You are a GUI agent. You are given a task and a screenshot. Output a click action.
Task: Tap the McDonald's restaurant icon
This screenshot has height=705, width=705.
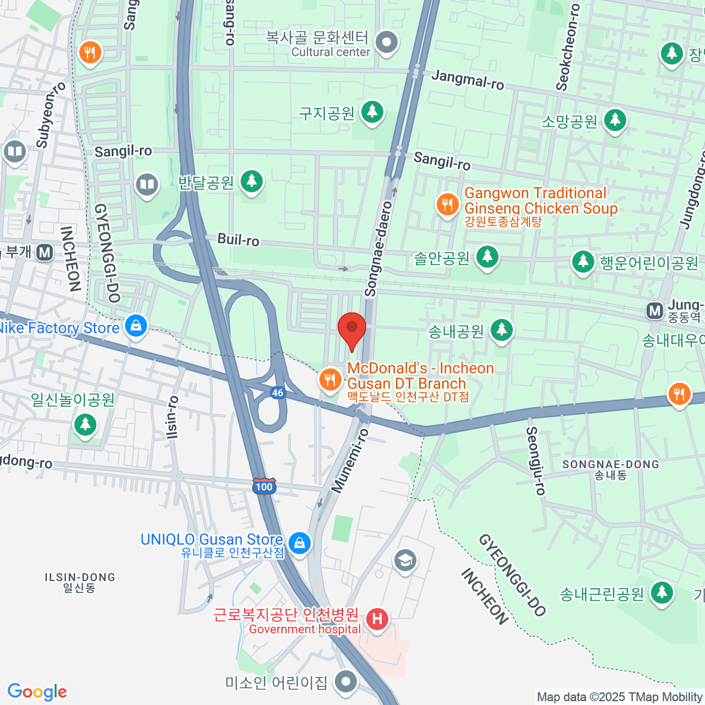click(x=330, y=380)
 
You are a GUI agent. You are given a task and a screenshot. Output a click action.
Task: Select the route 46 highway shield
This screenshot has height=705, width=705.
click(x=278, y=392)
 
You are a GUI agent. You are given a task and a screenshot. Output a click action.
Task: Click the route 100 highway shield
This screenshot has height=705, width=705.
click(x=264, y=486)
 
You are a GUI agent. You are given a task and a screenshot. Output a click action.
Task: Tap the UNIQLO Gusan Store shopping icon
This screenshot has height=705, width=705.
click(x=300, y=542)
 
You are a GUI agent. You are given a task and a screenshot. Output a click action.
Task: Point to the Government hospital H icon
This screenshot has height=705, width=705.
click(x=377, y=618)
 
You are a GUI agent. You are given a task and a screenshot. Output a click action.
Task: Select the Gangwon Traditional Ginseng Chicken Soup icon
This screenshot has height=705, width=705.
click(x=448, y=204)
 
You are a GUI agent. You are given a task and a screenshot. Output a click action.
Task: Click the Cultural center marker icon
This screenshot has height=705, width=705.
click(x=387, y=42)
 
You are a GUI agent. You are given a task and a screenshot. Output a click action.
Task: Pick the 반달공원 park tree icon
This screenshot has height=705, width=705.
click(x=252, y=180)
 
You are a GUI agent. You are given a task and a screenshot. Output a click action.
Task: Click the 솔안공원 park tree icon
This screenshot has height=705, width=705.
click(x=487, y=256)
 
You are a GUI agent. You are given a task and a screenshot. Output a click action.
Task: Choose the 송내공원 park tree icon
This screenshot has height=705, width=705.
click(x=501, y=330)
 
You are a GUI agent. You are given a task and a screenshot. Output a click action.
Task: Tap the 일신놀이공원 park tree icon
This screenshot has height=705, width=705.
click(x=85, y=423)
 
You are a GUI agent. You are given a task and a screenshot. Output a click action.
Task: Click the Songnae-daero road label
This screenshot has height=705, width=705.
click(x=379, y=249)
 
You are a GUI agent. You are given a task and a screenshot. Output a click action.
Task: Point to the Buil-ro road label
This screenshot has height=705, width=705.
click(x=238, y=240)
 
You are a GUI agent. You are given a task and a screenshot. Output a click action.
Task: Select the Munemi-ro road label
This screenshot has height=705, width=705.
click(x=350, y=461)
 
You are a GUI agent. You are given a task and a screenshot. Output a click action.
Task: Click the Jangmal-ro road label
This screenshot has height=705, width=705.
click(x=468, y=79)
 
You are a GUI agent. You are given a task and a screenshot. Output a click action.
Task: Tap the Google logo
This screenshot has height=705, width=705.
click(x=37, y=692)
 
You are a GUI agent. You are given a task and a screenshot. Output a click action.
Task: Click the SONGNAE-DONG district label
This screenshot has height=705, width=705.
click(x=610, y=465)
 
